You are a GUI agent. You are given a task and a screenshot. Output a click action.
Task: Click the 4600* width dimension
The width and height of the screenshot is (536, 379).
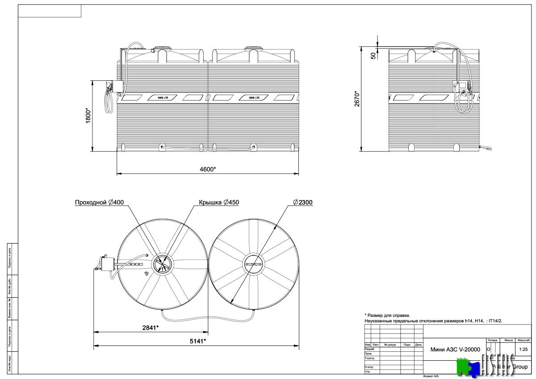click(208, 169)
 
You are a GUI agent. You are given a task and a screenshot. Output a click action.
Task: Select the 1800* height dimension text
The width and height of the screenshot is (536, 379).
click(88, 116)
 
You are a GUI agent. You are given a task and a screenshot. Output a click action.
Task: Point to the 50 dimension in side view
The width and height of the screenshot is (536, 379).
click(373, 55)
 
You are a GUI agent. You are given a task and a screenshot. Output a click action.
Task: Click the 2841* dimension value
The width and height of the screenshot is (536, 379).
click(151, 328)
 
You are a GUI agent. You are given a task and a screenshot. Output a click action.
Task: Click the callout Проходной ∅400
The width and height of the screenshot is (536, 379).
click(99, 202)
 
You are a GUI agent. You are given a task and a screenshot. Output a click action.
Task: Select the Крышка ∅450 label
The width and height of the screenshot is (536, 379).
click(219, 202)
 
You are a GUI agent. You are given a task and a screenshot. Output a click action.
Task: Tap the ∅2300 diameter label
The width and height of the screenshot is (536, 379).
click(303, 202)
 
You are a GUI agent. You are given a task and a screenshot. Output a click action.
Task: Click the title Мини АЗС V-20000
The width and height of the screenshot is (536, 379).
click(455, 350)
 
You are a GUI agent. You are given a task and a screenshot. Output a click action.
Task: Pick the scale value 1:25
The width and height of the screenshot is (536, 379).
click(524, 349)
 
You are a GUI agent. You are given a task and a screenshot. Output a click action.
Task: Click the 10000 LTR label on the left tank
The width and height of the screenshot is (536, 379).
click(163, 97)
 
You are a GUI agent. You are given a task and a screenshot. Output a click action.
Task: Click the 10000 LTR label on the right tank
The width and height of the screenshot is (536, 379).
click(254, 97)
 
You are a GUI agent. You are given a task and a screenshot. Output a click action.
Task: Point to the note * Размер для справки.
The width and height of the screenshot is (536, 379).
click(387, 315)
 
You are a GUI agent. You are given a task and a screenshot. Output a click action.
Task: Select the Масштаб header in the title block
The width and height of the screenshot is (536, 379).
click(524, 340)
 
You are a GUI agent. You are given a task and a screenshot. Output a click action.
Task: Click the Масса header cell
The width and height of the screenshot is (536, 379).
click(508, 340)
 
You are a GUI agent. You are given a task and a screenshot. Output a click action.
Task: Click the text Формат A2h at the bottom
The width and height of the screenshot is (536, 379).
click(431, 376)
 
